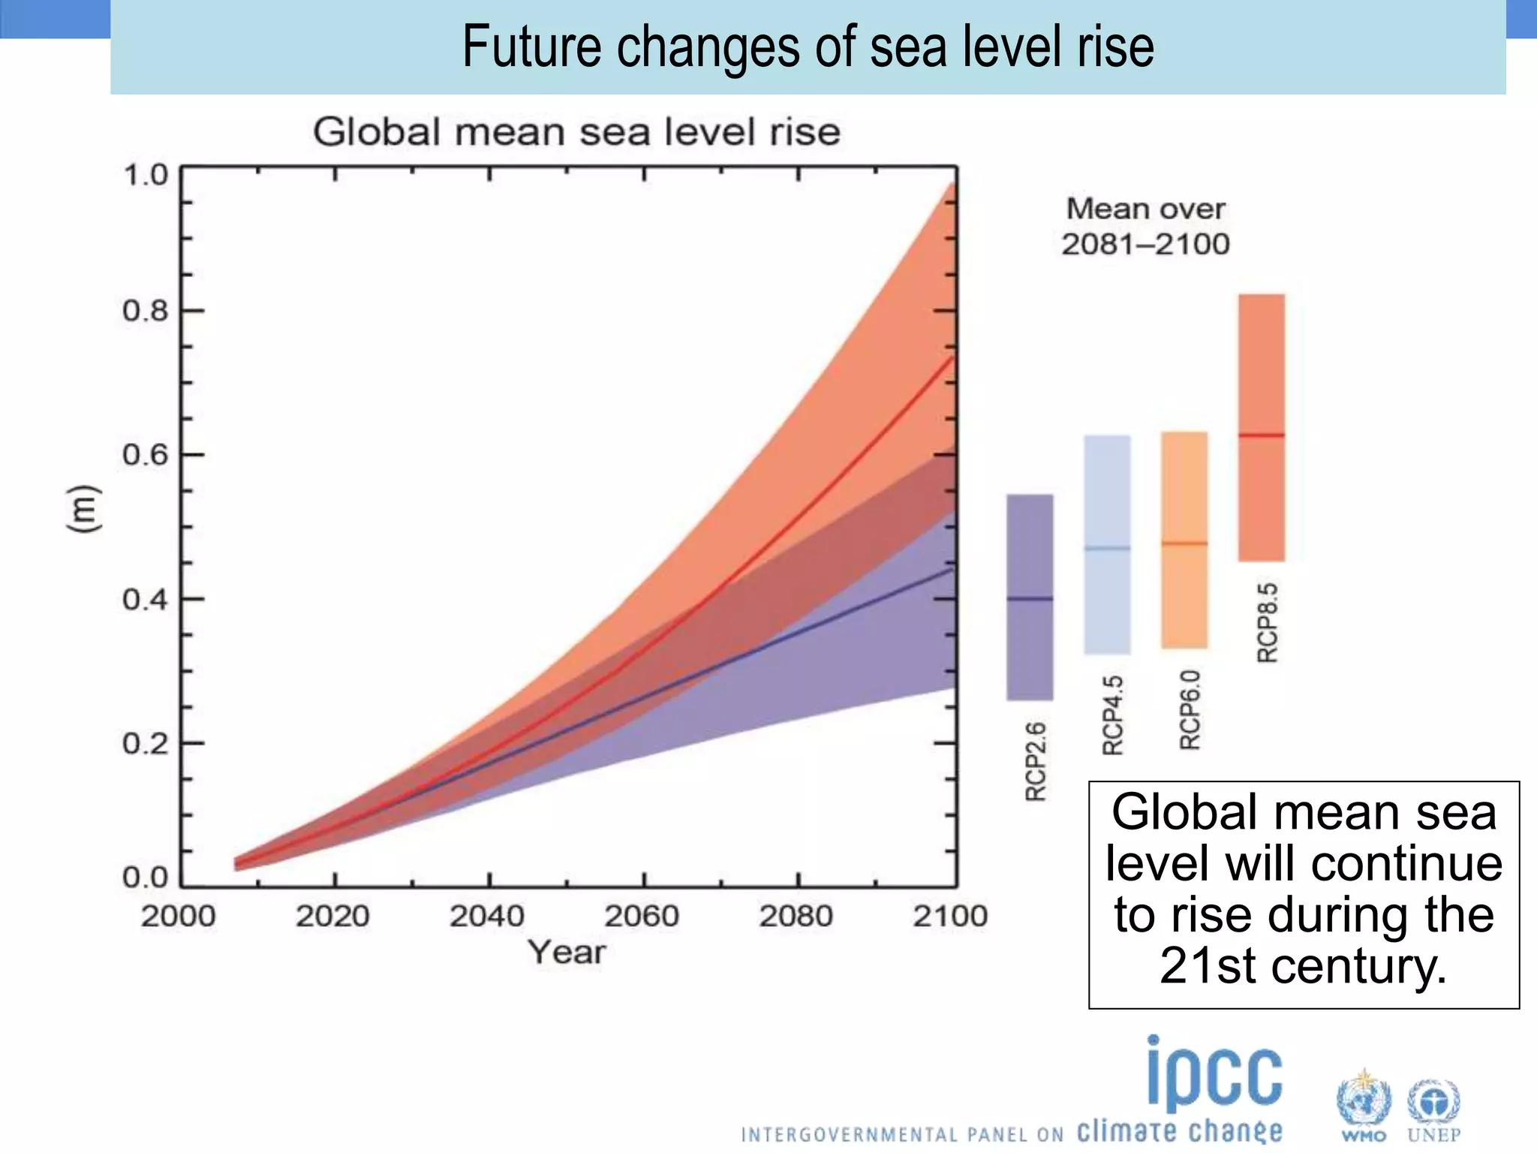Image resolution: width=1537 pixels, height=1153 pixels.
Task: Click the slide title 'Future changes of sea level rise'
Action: point(808,47)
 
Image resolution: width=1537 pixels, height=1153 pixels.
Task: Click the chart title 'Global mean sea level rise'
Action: point(576,132)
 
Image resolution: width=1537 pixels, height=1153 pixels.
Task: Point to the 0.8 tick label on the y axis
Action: point(145,310)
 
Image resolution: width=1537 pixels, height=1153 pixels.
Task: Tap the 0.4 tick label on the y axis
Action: point(145,600)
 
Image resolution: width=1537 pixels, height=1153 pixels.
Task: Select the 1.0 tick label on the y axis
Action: point(145,175)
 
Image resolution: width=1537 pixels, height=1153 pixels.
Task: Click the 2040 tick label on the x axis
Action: point(487,916)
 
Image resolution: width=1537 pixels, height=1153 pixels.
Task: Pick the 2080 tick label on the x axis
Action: point(796,916)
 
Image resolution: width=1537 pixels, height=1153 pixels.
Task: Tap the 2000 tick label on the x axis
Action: point(178,916)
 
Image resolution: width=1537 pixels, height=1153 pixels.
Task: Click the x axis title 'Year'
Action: point(567,952)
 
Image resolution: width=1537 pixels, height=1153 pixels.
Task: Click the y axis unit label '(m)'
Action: point(83,510)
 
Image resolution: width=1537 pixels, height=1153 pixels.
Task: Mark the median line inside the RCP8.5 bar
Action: point(1261,435)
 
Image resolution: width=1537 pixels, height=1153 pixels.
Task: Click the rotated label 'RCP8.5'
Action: point(1267,622)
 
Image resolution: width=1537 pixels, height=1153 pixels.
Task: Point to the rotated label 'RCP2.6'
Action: point(1036,761)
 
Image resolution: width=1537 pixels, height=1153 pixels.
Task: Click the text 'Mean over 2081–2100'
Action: point(1145,226)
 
